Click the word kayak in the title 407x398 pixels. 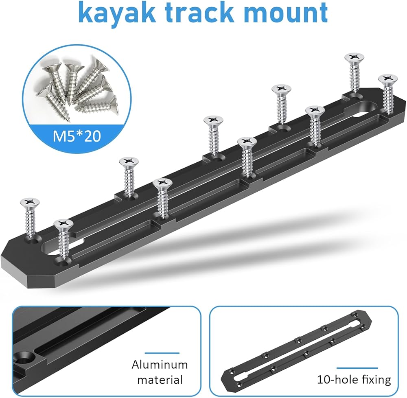click(117, 12)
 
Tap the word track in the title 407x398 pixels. click(200, 12)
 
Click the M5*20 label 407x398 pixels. click(77, 136)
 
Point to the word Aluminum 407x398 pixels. click(160, 365)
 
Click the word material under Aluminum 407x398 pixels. click(160, 380)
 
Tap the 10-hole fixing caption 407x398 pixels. click(354, 380)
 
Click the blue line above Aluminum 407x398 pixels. click(162, 353)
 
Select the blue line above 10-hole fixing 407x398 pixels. click(357, 368)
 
